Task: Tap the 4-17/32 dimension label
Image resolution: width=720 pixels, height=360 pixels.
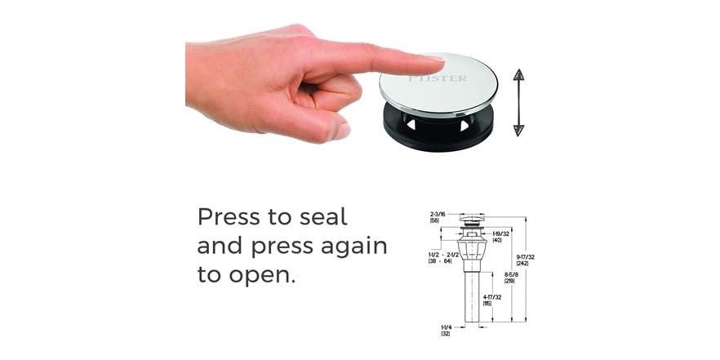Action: pos(492,300)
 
